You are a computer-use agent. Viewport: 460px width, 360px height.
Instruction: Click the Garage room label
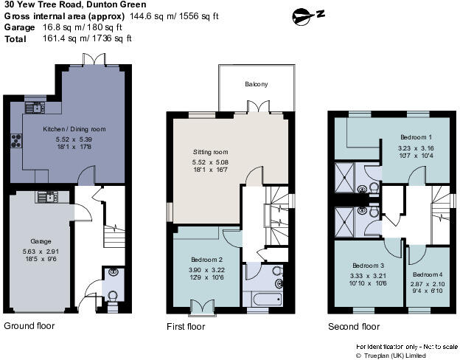[x=41, y=241]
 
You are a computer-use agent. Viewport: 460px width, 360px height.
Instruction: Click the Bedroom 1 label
[x=416, y=137]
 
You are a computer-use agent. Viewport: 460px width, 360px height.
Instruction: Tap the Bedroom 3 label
[x=368, y=266]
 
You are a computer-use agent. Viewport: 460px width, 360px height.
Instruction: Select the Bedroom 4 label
[x=427, y=274]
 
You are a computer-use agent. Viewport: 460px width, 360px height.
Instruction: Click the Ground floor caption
[x=29, y=325]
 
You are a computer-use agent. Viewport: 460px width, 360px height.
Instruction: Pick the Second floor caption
[x=354, y=325]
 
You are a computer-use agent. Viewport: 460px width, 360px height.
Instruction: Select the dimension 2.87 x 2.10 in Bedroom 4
[x=427, y=283]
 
